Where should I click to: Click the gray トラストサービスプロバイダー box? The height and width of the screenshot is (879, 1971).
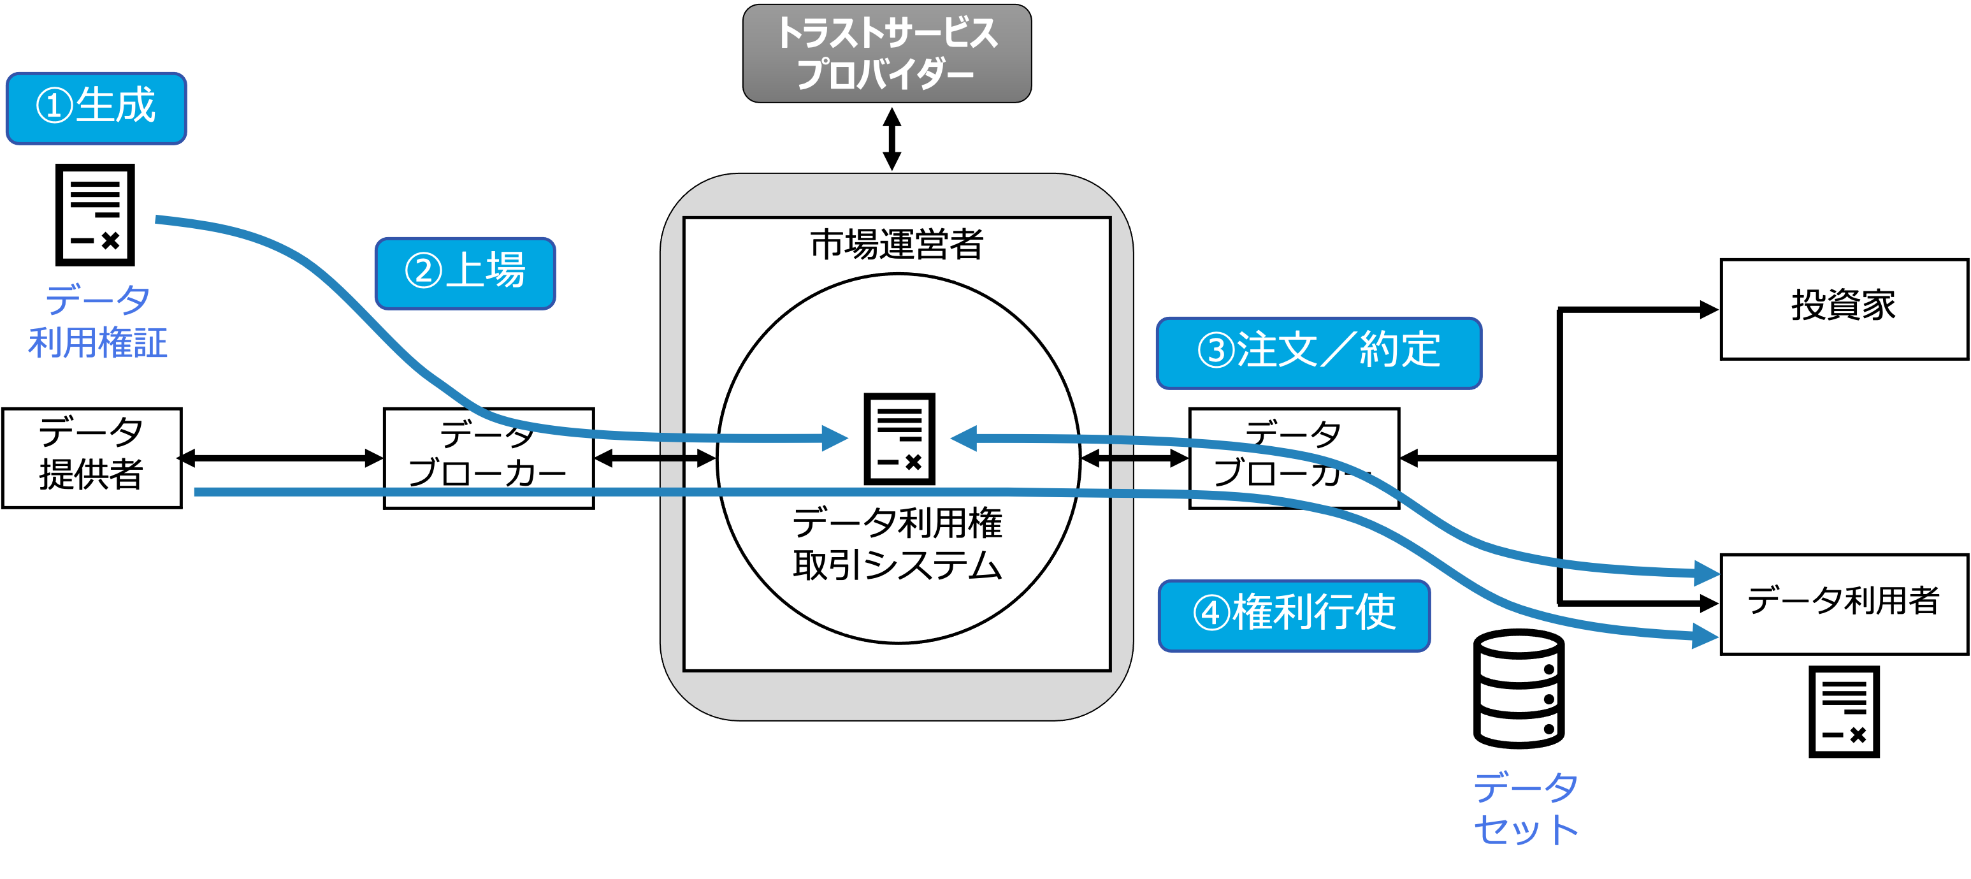(887, 54)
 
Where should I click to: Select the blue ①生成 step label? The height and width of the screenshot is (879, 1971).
(96, 108)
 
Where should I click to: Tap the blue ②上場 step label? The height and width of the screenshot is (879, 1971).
(465, 273)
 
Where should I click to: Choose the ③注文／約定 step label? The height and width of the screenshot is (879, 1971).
(1318, 353)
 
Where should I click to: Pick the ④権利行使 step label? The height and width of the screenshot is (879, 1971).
(1294, 616)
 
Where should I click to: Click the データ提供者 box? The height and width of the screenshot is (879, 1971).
(92, 458)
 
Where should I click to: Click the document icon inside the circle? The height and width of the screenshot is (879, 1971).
(899, 439)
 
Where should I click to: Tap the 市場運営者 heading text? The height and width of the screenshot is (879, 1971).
(897, 245)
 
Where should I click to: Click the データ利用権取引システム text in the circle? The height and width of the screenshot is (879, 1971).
(897, 544)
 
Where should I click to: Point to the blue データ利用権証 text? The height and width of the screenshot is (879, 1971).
(98, 322)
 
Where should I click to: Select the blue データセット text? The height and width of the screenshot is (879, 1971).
(1526, 808)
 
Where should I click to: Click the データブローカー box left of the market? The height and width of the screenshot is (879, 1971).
(489, 458)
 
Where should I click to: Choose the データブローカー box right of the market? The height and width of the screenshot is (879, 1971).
(1293, 458)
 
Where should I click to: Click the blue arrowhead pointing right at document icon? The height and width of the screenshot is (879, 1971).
(835, 439)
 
